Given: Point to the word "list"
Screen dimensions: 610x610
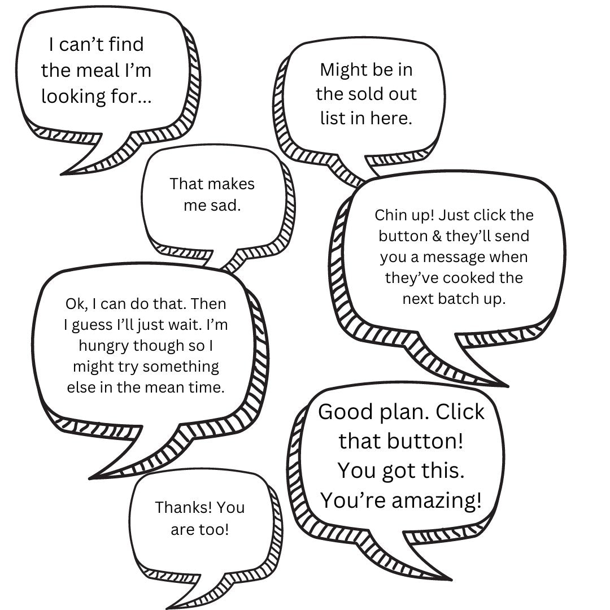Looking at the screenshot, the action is (x=332, y=118).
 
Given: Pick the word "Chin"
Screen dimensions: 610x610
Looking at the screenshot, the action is (x=389, y=215).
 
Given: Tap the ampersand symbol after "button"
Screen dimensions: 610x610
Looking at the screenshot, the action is (x=437, y=236).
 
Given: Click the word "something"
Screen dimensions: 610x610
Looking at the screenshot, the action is (x=181, y=367).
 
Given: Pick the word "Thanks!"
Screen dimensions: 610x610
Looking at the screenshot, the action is (x=184, y=507).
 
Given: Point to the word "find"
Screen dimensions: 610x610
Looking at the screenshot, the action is (x=126, y=44).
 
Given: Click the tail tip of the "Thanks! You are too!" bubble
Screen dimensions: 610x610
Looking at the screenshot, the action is (x=167, y=608).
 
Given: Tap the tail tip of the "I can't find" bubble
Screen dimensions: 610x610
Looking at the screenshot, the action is (x=62, y=174).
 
